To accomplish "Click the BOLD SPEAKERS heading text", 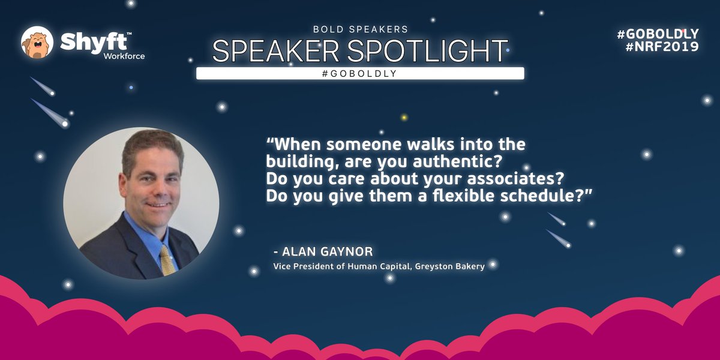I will (359, 29).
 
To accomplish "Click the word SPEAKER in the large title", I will (276, 52).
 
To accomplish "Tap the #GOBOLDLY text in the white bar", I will (360, 73).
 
